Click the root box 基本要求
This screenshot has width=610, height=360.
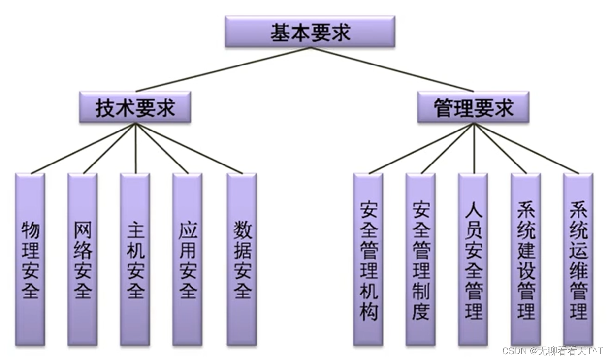point(310,32)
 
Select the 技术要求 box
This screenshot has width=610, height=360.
point(135,107)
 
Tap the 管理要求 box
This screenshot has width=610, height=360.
point(473,107)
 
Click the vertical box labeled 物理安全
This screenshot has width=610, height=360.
point(30,259)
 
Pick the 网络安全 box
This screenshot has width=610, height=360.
point(82,259)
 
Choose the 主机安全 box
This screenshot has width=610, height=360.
point(135,259)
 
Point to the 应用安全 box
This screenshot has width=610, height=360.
point(187,259)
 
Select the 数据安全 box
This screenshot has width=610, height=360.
point(242,259)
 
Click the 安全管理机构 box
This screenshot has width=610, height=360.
point(368,259)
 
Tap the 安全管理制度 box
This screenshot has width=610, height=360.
point(420,259)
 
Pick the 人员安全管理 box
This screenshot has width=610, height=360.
point(473,259)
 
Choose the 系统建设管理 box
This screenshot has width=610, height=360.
point(525,259)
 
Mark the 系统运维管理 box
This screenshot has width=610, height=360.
point(578,259)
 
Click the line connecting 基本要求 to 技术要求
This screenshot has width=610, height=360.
point(223,69)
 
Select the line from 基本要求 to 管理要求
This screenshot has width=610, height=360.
point(391,69)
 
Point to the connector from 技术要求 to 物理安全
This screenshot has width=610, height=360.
point(83,148)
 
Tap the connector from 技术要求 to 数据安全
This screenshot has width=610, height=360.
point(189,148)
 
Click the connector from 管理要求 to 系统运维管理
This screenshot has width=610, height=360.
point(526,148)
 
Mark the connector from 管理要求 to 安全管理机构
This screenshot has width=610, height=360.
point(421,148)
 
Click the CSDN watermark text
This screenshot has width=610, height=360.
point(552,351)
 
